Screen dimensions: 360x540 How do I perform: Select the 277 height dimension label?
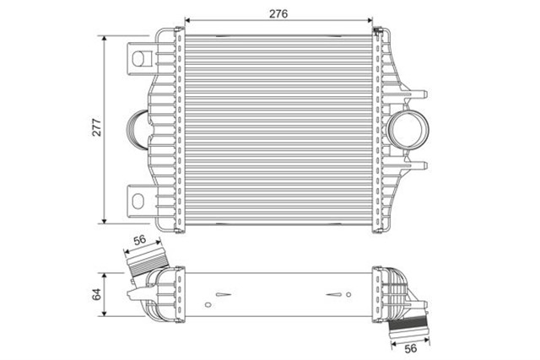tap(95, 128)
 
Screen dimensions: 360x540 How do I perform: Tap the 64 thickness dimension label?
tap(95, 294)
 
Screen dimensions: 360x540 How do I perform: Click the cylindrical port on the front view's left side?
tap(136, 129)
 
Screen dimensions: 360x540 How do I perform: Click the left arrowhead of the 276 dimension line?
tap(186, 21)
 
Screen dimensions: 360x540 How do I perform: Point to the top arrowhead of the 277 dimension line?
tap(105, 38)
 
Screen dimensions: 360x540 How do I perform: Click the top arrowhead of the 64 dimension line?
tap(105, 275)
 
